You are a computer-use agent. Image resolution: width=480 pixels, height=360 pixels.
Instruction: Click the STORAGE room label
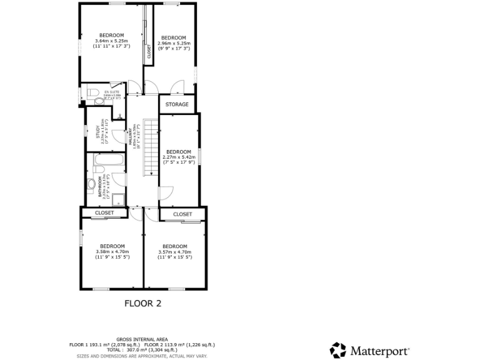click(x=177, y=104)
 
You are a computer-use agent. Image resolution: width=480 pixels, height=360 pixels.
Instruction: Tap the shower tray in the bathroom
click(x=116, y=198)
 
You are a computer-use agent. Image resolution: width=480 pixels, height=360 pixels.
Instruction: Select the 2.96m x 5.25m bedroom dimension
click(x=174, y=44)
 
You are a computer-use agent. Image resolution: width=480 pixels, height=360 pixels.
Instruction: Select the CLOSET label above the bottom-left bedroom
click(x=104, y=213)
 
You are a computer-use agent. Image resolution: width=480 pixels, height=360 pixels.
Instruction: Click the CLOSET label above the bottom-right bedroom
click(x=182, y=214)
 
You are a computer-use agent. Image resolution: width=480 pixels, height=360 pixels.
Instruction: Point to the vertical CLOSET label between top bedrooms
click(x=149, y=52)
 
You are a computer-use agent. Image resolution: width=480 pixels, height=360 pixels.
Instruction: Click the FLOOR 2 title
click(x=142, y=304)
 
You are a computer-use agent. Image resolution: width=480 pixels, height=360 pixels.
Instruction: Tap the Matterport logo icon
click(x=338, y=349)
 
